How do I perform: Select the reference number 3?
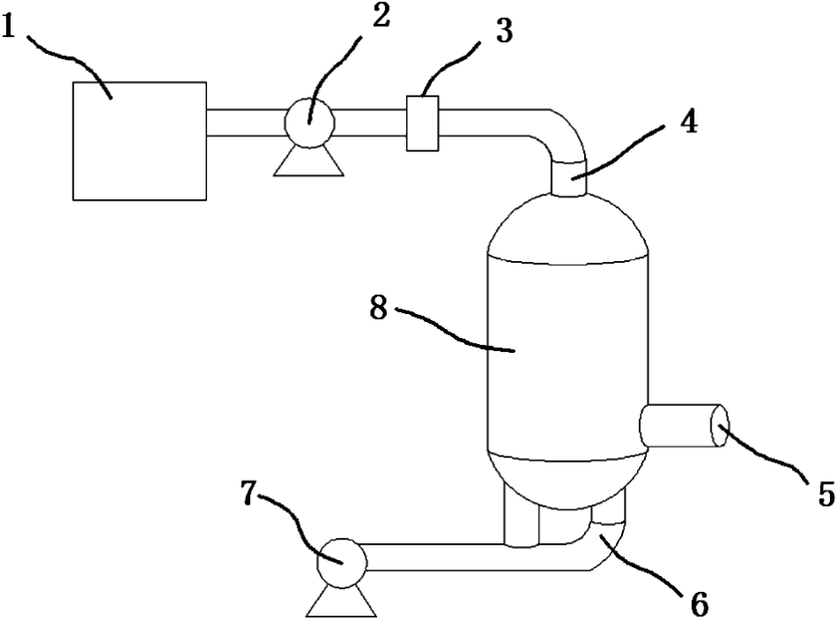click(x=503, y=32)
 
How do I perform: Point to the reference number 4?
click(x=689, y=121)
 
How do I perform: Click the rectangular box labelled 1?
click(x=140, y=139)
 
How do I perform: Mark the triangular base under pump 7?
click(x=342, y=602)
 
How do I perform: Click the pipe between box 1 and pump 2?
click(x=244, y=122)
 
